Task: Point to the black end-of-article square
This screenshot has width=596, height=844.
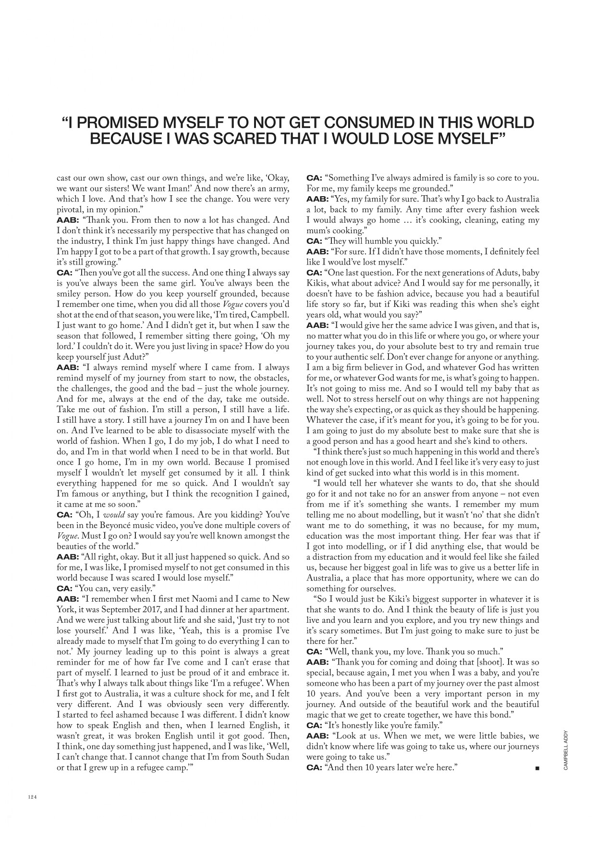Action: pyautogui.click(x=536, y=768)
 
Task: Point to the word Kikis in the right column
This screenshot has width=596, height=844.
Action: pyautogui.click(x=319, y=283)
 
